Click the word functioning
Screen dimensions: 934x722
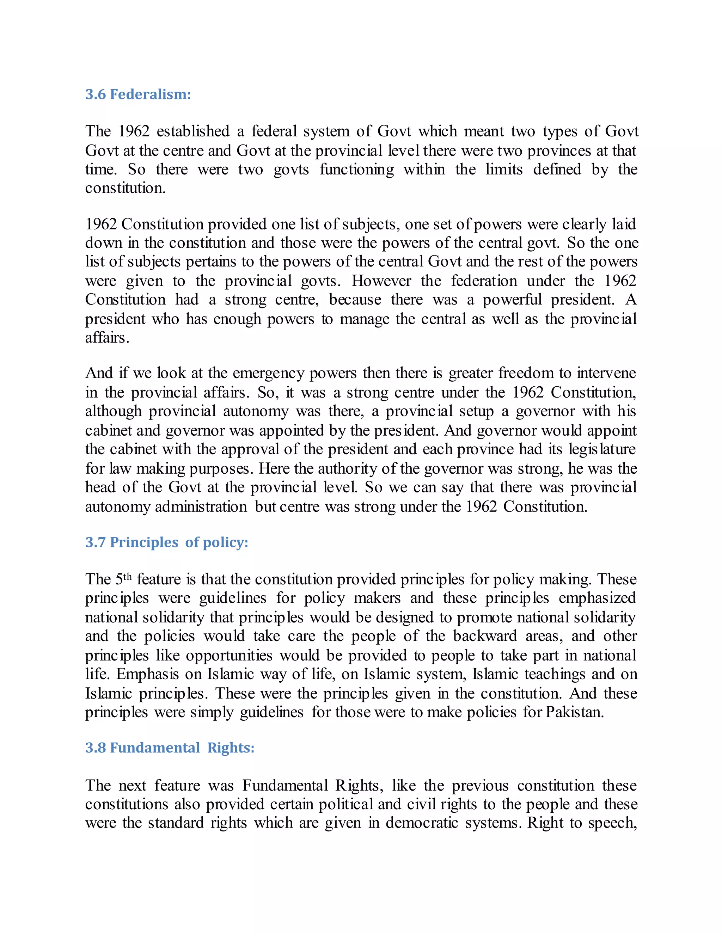pyautogui.click(x=357, y=169)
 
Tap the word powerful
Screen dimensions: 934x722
pyautogui.click(x=512, y=299)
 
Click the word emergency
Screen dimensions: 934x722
pyautogui.click(x=268, y=373)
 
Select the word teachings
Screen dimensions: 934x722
pyautogui.click(x=555, y=674)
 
